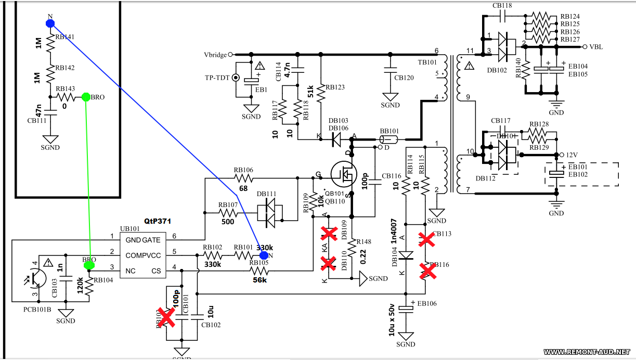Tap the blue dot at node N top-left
coord(50,23)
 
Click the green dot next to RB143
coord(86,97)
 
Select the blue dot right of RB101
coord(264,255)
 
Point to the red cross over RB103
coord(166,317)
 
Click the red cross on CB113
coord(427,239)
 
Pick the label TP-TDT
coord(217,78)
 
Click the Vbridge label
coord(215,54)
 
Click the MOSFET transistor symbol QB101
coord(343,176)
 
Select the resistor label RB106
coord(243,170)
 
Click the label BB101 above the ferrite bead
coord(390,132)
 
